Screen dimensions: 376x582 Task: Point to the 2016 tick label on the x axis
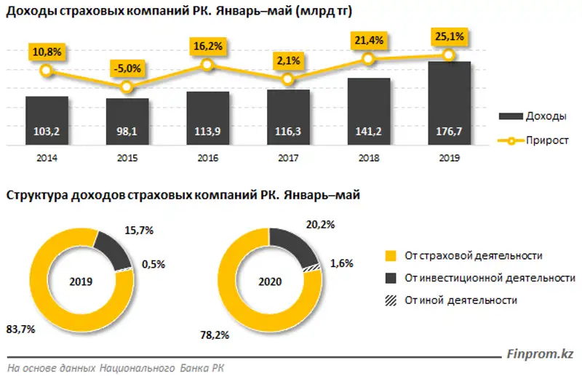pyautogui.click(x=207, y=157)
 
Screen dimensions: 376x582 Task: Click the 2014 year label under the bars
pyautogui.click(x=46, y=157)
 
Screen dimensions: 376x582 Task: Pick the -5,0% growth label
pyautogui.click(x=127, y=68)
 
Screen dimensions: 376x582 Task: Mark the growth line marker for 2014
pyautogui.click(x=46, y=71)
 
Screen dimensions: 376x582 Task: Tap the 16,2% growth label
pyautogui.click(x=207, y=45)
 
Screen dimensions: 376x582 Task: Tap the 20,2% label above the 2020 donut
pyautogui.click(x=319, y=225)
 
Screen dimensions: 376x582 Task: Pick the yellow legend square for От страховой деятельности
pyautogui.click(x=390, y=256)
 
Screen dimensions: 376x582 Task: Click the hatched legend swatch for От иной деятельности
pyautogui.click(x=390, y=300)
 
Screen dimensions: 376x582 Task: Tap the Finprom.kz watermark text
pyautogui.click(x=538, y=355)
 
